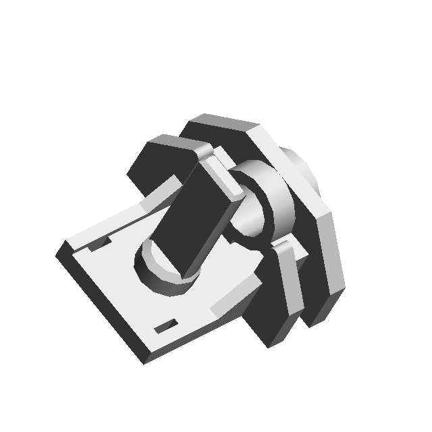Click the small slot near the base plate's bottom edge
click(x=166, y=327)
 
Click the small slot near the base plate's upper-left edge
click(x=101, y=242)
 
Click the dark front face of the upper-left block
click(x=152, y=169)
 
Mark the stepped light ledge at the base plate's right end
click(x=233, y=297)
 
